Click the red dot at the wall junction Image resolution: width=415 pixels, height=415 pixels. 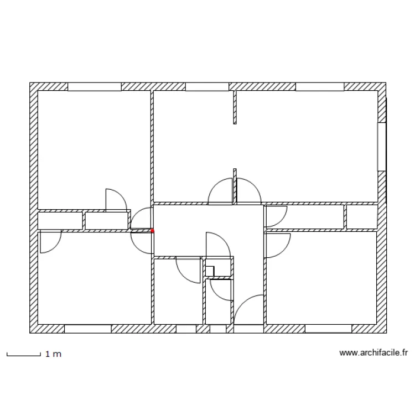(153, 231)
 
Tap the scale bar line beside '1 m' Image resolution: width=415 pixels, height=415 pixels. (24, 354)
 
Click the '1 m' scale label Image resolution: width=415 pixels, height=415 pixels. (53, 354)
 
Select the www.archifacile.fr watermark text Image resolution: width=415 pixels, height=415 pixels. (373, 352)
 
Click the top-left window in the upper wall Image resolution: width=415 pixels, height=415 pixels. (94, 87)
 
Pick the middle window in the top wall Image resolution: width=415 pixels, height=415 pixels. (207, 87)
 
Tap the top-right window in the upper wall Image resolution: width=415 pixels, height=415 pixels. (320, 87)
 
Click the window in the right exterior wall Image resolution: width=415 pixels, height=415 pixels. (381, 147)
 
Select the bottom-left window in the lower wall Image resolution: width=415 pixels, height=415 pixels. (88, 329)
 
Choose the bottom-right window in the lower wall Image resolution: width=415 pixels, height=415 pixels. (328, 329)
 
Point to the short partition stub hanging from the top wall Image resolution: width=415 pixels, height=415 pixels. (235, 107)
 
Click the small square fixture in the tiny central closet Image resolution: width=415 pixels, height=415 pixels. (210, 271)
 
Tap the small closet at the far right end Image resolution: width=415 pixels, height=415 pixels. (361, 216)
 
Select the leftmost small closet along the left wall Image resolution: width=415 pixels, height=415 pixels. (59, 220)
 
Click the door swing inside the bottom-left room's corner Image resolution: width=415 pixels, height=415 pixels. (49, 241)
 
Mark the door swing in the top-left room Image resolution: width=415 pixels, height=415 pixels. (115, 200)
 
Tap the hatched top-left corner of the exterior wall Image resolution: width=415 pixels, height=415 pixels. (34, 87)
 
